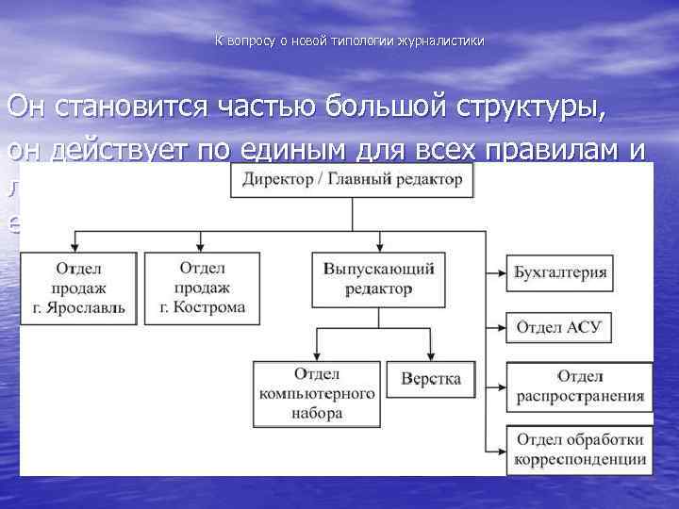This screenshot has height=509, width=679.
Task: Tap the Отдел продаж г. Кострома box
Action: pyautogui.click(x=202, y=287)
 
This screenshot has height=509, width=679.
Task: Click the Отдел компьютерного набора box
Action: pyautogui.click(x=315, y=393)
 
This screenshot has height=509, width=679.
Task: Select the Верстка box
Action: pyautogui.click(x=431, y=378)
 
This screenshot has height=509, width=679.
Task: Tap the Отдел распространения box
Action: pyautogui.click(x=579, y=386)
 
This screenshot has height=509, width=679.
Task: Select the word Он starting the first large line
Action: pyautogui.click(x=28, y=107)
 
